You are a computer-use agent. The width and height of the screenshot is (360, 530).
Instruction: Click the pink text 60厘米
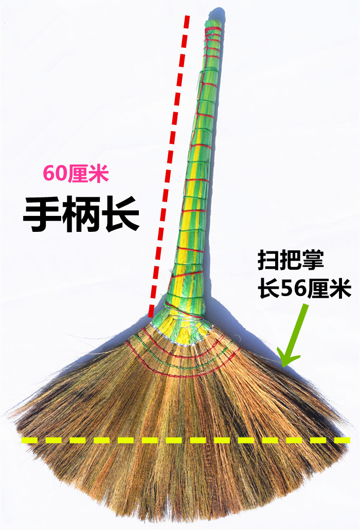(76, 174)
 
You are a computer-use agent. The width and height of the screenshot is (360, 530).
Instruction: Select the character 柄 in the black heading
(81, 214)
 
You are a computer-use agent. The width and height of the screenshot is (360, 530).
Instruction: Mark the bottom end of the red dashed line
(151, 314)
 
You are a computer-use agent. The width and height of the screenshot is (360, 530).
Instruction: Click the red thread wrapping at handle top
(212, 36)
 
